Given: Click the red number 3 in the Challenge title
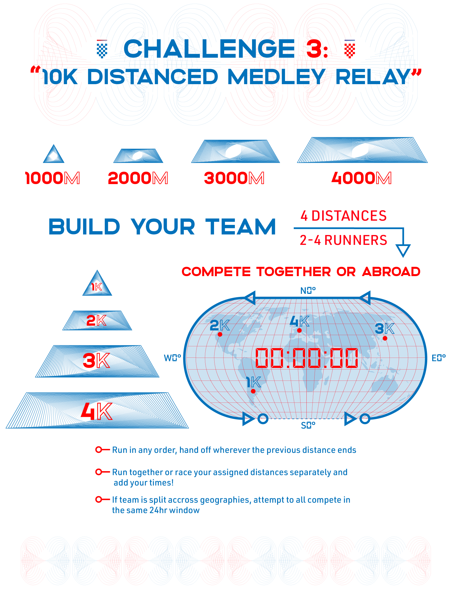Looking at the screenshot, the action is point(314,48).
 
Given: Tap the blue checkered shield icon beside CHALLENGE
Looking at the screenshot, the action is point(102,49).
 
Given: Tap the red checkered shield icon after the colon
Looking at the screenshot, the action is point(350,49).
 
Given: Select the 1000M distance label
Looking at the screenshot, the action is point(53,178).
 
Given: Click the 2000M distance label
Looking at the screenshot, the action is point(138,178).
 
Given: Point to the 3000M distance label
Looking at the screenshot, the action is point(234,178).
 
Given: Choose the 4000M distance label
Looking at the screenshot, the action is point(362,178).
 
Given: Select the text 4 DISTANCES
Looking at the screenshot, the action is point(344,216).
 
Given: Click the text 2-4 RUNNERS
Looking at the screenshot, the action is point(343,240).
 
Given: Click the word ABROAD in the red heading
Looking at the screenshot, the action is point(391,272).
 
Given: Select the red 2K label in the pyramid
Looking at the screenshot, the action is point(96,321).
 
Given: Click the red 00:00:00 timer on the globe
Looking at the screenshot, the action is point(306,358).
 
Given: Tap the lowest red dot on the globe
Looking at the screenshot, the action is point(253,391).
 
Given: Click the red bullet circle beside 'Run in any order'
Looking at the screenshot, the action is point(99,450).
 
